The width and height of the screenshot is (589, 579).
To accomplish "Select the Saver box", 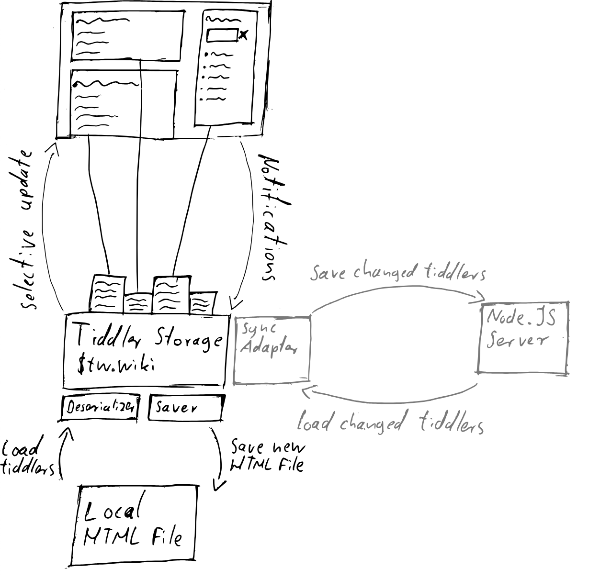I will click(186, 408).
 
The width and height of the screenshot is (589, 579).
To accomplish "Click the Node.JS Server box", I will click(523, 337).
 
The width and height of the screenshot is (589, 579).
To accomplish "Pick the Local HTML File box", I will click(134, 525).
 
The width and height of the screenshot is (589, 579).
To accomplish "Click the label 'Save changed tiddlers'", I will click(397, 273).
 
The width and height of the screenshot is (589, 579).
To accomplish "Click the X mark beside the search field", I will click(244, 34).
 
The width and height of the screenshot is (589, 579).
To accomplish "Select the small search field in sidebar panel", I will click(222, 35).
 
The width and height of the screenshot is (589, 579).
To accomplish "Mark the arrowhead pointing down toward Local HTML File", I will click(218, 486).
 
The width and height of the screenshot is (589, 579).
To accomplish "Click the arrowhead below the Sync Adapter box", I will click(306, 392).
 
